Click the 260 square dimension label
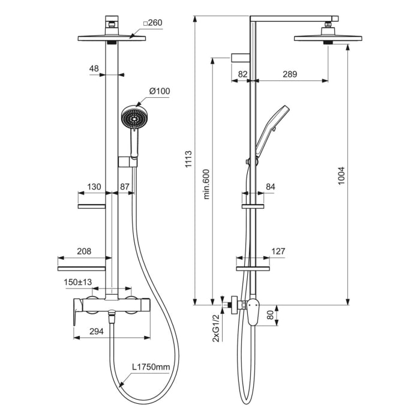(x=154, y=23)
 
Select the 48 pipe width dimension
(x=94, y=69)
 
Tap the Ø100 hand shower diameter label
(x=160, y=91)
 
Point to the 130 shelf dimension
(x=94, y=187)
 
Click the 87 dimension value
(x=124, y=187)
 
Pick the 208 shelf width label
(x=84, y=252)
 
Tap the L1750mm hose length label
(x=151, y=367)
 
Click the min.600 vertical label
(x=206, y=183)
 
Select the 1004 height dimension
(x=341, y=176)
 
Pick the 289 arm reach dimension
(x=290, y=74)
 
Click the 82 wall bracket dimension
(x=242, y=74)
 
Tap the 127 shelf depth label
(x=278, y=252)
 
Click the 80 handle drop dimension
(x=270, y=314)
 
